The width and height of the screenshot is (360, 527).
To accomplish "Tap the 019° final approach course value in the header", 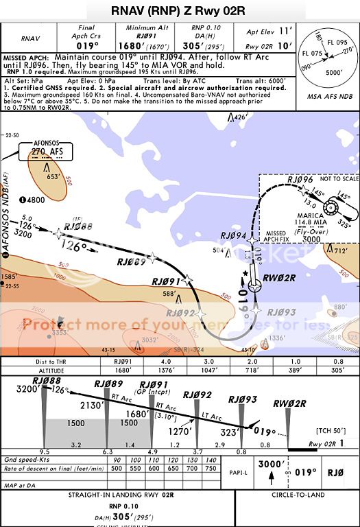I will click(x=88, y=45).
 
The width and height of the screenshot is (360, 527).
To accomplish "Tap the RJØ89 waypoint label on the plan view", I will click(x=131, y=261).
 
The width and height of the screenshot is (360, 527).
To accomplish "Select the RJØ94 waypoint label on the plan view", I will click(x=232, y=235).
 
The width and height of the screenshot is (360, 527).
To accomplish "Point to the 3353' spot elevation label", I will click(x=58, y=333).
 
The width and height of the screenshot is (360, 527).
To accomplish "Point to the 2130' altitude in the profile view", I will click(x=91, y=406).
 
